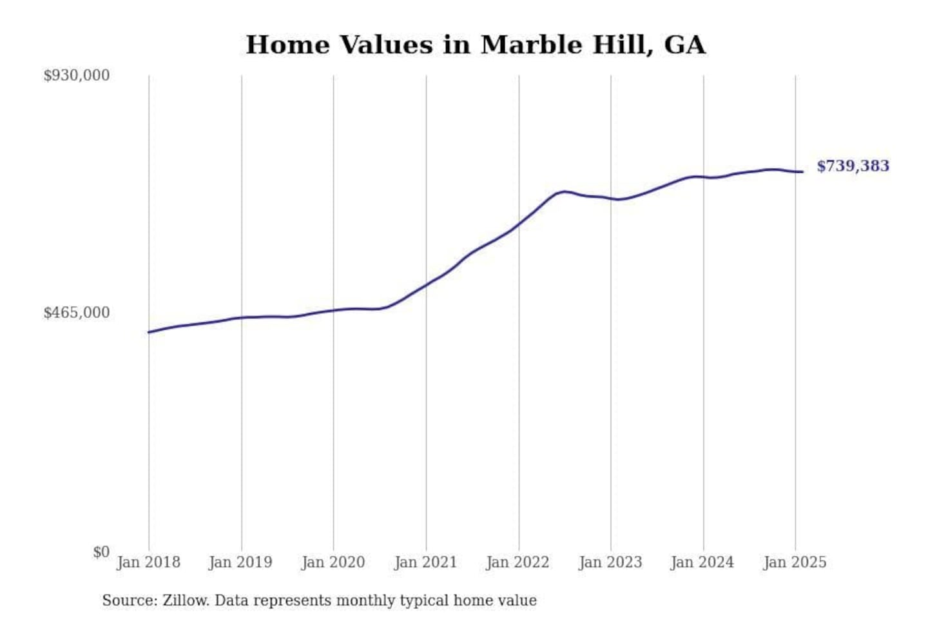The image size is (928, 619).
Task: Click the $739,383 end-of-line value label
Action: (853, 166)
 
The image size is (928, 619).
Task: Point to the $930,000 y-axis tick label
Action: (77, 75)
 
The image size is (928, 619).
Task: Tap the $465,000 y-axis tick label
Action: (77, 313)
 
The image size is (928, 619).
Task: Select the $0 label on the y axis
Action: (101, 552)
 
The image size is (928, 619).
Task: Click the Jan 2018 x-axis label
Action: (149, 562)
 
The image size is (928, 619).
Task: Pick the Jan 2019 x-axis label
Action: (241, 562)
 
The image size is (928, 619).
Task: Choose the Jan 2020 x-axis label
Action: (333, 562)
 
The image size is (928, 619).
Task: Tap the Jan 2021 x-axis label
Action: (425, 562)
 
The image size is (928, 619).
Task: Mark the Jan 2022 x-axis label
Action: (518, 562)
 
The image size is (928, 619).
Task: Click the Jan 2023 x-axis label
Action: (610, 562)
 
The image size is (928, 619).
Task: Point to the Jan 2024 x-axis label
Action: (702, 562)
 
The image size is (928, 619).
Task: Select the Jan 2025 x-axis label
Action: (795, 562)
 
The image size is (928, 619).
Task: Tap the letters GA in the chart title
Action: (684, 44)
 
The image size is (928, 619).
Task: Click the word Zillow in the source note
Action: (186, 600)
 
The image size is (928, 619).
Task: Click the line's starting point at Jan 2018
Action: (149, 332)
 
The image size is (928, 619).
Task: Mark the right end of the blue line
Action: (802, 172)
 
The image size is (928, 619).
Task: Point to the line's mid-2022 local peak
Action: (564, 192)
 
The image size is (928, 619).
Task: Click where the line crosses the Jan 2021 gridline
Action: (426, 285)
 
